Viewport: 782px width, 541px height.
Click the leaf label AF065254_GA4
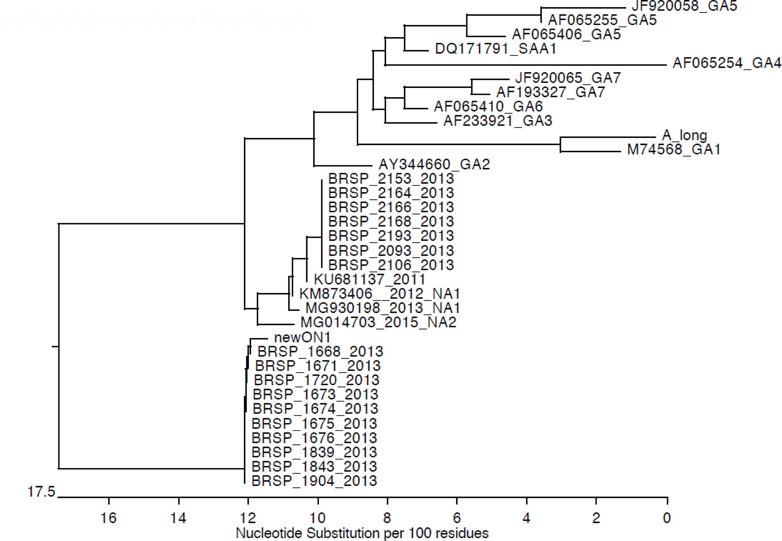pyautogui.click(x=727, y=63)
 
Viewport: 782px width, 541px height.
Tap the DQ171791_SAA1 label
pyautogui.click(x=496, y=49)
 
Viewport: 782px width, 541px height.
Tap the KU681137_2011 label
pyautogui.click(x=369, y=280)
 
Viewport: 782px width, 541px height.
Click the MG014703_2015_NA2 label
pyautogui.click(x=378, y=322)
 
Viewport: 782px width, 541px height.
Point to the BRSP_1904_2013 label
pyautogui.click(x=314, y=481)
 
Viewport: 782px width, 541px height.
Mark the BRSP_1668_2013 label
pyautogui.click(x=320, y=352)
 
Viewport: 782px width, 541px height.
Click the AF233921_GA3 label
pyautogui.click(x=498, y=121)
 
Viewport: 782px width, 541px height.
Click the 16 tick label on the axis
pyautogui.click(x=109, y=518)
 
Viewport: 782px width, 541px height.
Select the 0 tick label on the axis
pyautogui.click(x=667, y=518)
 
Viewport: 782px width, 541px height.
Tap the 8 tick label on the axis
pyautogui.click(x=387, y=518)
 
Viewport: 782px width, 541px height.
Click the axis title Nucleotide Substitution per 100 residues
pyautogui.click(x=362, y=533)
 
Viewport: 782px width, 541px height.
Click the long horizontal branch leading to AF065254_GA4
pyautogui.click(x=525, y=65)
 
